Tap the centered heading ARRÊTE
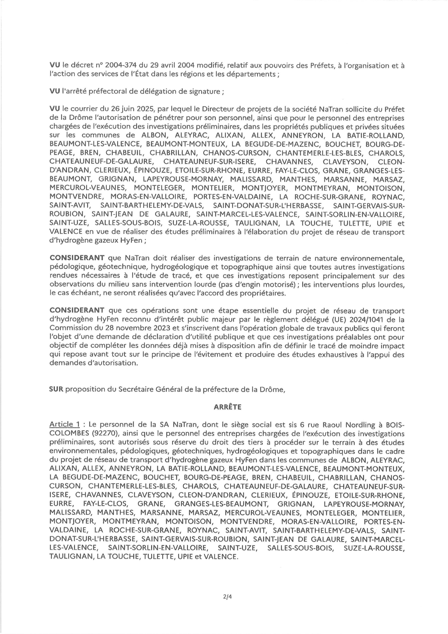point(227,407)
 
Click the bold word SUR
point(56,389)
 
